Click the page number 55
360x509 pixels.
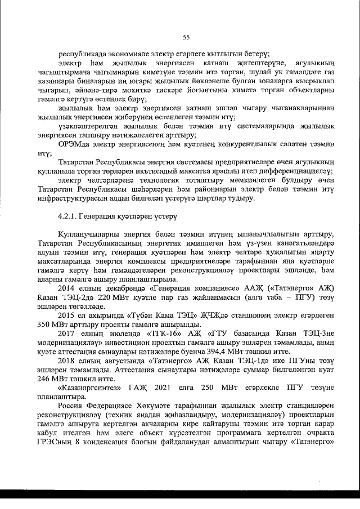pyautogui.click(x=186, y=37)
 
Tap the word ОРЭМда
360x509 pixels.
pyautogui.click(x=74, y=144)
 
